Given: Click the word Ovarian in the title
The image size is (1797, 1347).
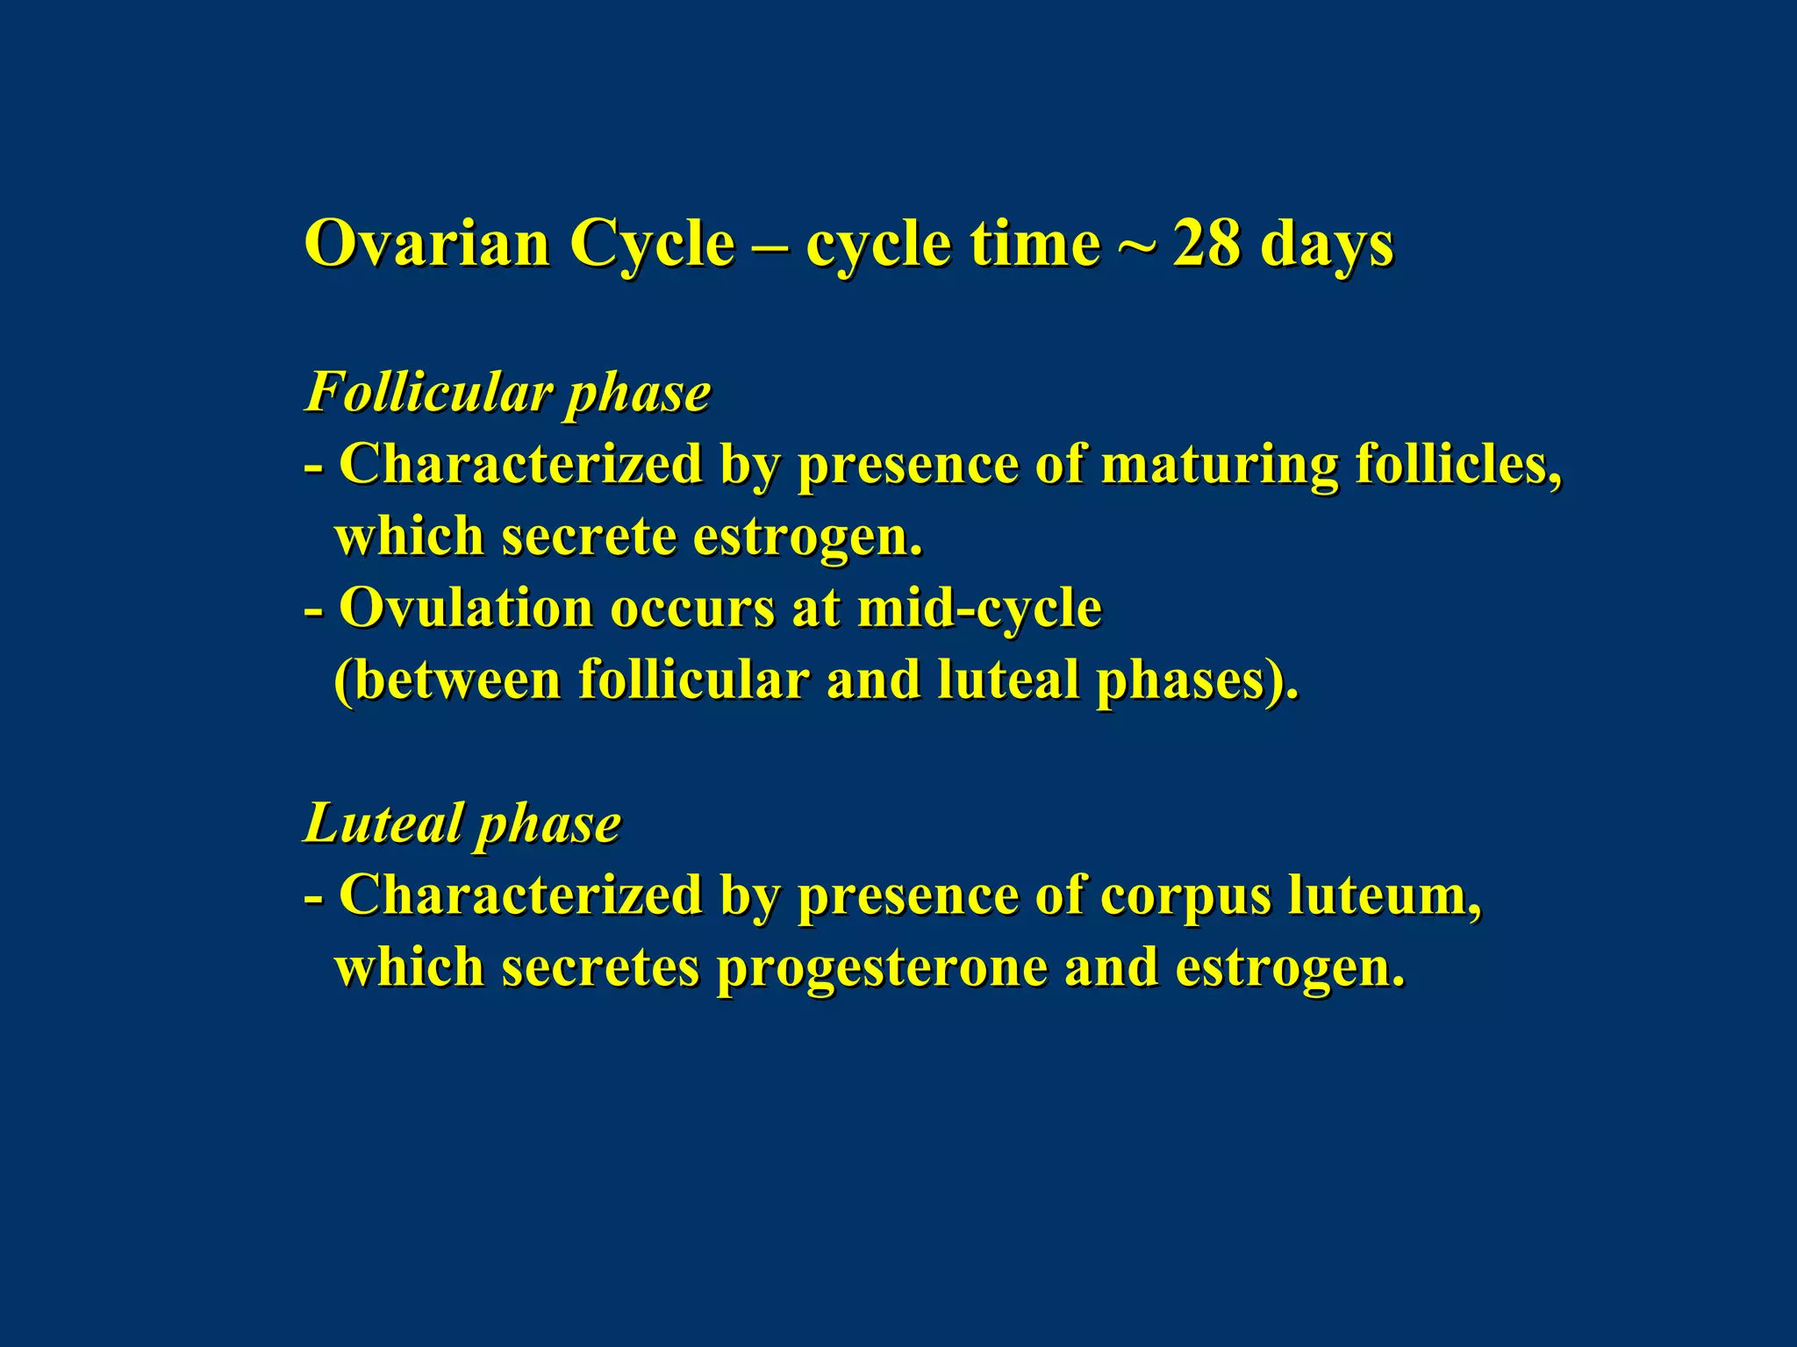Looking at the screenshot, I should [426, 244].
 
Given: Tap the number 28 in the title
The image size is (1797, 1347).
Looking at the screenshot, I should [1206, 244].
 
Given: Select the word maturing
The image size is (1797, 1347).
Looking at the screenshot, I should [1219, 465].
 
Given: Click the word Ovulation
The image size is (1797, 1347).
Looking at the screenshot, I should [466, 607].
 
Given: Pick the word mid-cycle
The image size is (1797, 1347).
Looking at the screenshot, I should [979, 609].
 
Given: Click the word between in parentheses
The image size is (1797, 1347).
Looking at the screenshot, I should [447, 680].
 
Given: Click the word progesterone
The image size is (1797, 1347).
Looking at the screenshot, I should [882, 969].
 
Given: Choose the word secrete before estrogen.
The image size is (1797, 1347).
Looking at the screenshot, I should [589, 536].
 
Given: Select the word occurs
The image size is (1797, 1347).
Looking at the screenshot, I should [692, 609].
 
